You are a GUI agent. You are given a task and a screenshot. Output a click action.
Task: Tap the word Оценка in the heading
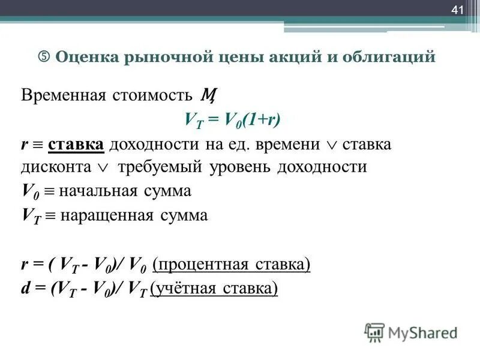click(88, 58)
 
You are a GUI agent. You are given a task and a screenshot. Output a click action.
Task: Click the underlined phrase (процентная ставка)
click(231, 265)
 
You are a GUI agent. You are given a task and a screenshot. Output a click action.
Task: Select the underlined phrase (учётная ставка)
click(214, 289)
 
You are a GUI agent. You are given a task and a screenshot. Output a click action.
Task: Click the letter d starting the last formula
click(25, 289)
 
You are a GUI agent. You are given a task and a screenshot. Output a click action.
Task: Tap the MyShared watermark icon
click(374, 332)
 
